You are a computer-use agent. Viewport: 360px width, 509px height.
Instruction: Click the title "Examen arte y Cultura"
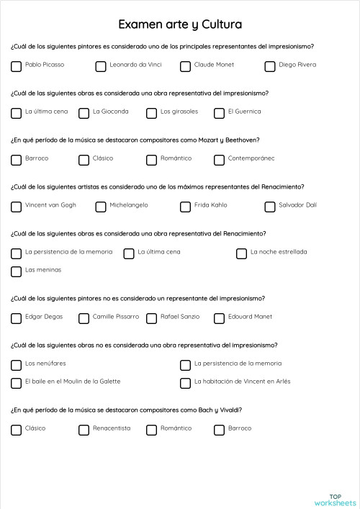(179, 24)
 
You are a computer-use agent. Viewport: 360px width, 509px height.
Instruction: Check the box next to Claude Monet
(185, 66)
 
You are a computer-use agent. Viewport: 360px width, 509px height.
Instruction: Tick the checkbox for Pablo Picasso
(16, 66)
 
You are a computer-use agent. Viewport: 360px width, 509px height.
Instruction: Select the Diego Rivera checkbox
(270, 66)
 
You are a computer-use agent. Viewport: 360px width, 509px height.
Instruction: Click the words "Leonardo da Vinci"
(135, 65)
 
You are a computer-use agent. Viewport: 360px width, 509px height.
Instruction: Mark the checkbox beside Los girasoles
(151, 113)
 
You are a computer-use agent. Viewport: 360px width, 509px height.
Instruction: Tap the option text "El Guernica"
(244, 112)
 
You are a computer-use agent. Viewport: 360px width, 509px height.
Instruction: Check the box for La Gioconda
(84, 113)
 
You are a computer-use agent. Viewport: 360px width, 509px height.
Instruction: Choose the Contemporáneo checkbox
(219, 160)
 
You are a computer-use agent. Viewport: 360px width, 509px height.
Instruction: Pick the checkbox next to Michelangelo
(101, 207)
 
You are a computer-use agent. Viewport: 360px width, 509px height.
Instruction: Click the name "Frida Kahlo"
(210, 205)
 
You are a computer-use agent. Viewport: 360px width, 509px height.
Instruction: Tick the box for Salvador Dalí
(270, 207)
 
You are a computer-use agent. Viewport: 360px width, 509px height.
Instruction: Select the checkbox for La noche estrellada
(241, 253)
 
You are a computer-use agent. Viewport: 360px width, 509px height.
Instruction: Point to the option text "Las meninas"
(43, 270)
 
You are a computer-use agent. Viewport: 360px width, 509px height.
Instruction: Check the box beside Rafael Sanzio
(151, 318)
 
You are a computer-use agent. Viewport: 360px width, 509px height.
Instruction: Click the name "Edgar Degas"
(44, 317)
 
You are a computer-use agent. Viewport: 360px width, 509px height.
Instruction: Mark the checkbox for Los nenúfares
(16, 365)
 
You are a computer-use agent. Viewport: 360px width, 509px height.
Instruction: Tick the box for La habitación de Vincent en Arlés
(185, 383)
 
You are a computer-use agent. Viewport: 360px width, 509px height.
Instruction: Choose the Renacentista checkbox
(84, 430)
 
